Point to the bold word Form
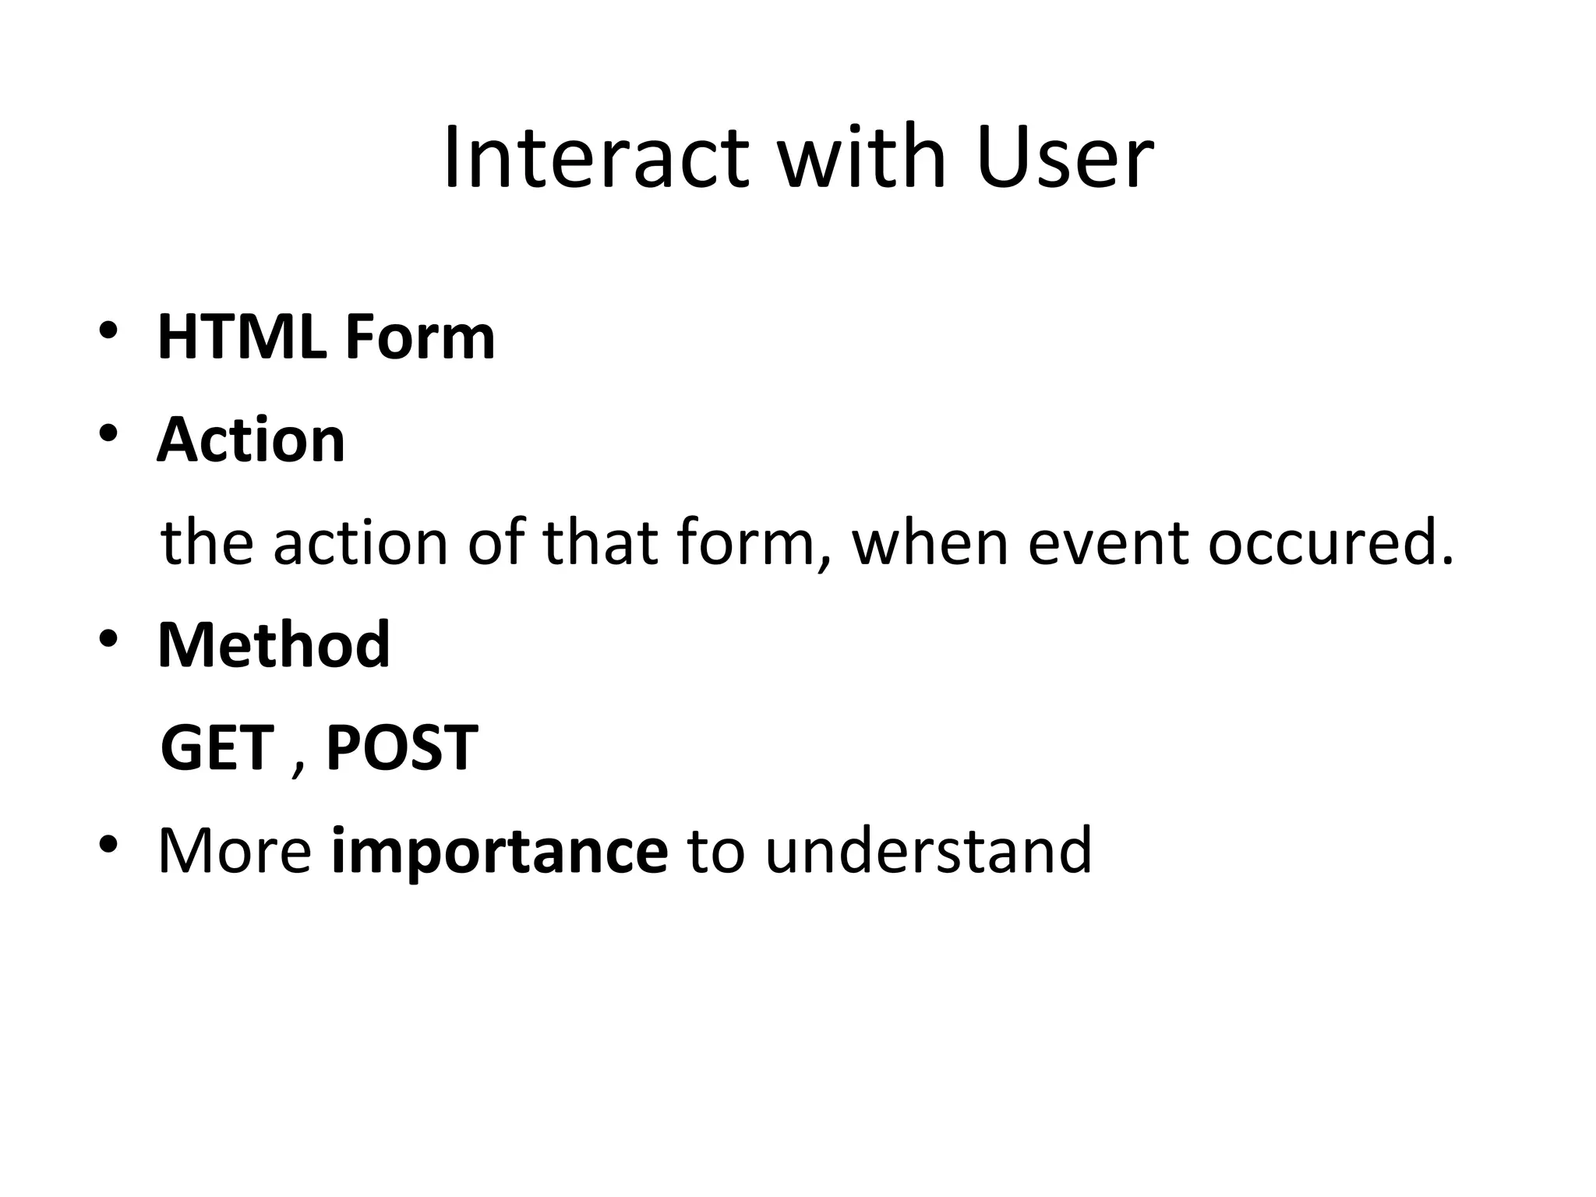(x=419, y=338)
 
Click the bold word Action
(x=251, y=440)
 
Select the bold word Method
(x=274, y=645)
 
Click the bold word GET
(x=217, y=748)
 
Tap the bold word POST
(x=401, y=748)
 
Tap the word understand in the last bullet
(x=928, y=851)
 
